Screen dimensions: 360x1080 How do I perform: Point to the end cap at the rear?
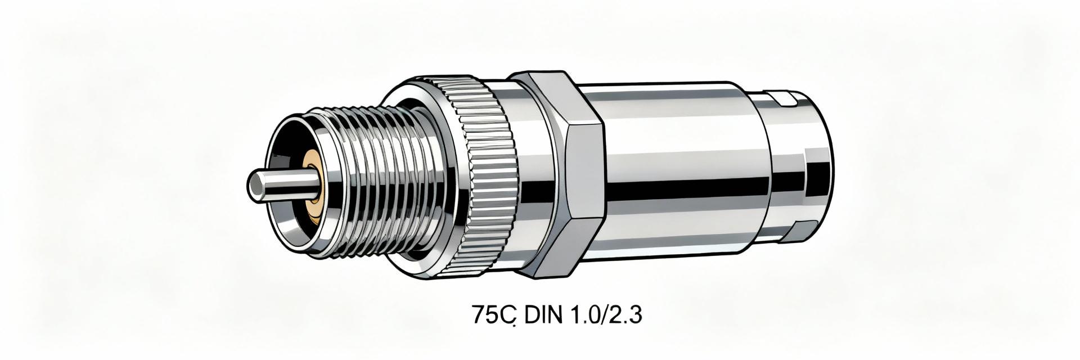tap(799, 169)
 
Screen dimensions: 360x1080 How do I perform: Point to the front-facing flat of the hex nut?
tap(585, 174)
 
